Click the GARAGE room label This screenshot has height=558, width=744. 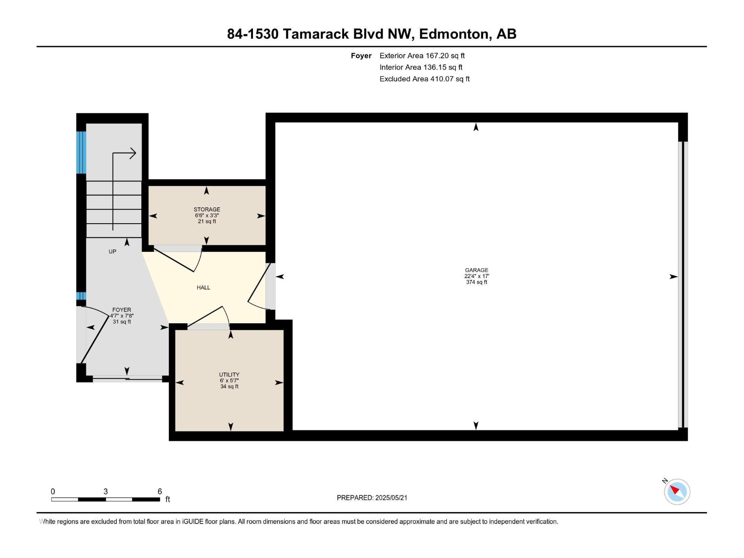point(476,270)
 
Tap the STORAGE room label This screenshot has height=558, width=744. point(207,209)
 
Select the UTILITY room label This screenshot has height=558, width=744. point(229,374)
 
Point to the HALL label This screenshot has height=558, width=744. point(203,287)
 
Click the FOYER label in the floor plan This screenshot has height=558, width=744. point(122,310)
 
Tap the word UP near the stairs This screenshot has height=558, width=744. point(112,252)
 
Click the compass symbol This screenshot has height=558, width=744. point(677,492)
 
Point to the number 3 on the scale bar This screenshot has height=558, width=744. point(106,491)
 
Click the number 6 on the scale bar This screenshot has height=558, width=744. point(159,491)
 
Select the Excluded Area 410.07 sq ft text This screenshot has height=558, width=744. point(425,79)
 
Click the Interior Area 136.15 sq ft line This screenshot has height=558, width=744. point(421,67)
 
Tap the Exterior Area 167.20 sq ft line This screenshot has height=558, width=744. point(422,55)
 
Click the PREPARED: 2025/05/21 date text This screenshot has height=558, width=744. point(372,498)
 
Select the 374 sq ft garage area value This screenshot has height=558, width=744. point(476,282)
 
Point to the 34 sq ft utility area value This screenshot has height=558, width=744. point(229,386)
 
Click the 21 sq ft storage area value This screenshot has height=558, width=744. point(207,221)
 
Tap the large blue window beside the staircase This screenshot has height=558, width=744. point(81,153)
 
